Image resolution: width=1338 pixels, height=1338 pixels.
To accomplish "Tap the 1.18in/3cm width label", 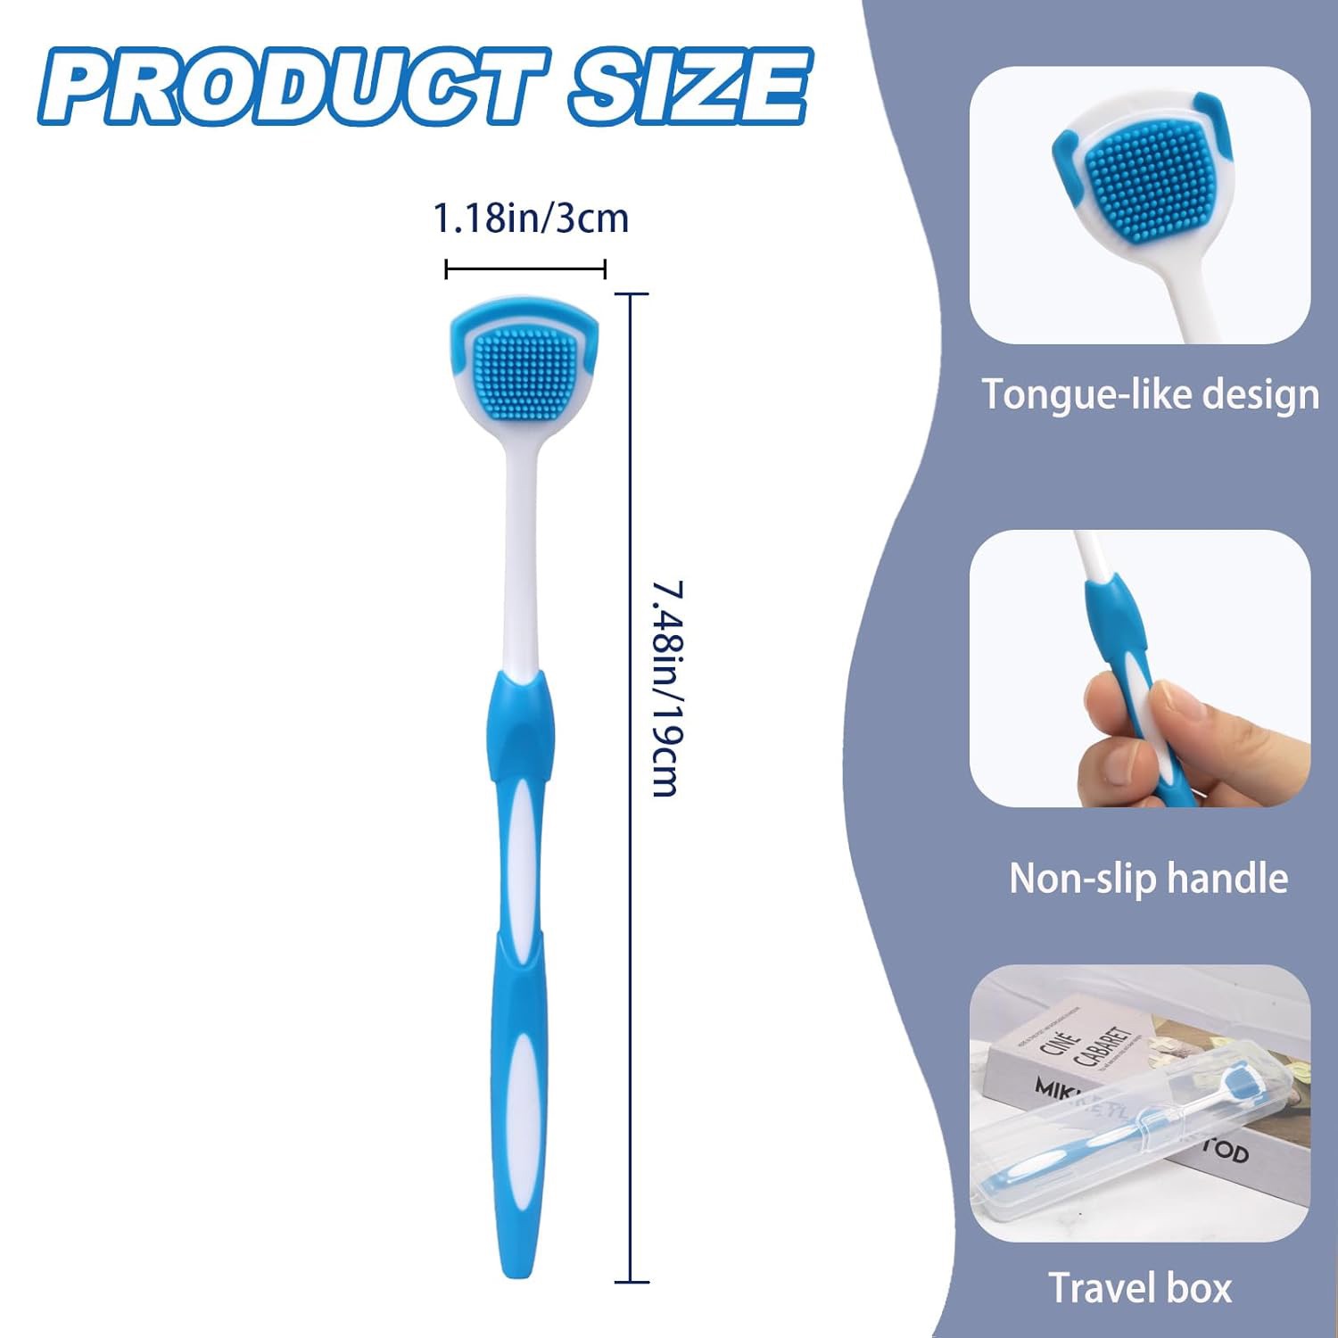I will tap(531, 219).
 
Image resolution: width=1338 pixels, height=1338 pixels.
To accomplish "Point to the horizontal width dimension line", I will tap(525, 268).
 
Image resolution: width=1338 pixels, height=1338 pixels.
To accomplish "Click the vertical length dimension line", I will tap(632, 785).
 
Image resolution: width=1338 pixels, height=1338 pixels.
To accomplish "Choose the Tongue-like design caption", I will tap(1150, 393).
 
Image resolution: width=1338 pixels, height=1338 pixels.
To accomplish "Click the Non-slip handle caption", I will tap(1148, 879).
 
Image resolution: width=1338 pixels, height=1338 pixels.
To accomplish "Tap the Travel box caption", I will tap(1139, 1288).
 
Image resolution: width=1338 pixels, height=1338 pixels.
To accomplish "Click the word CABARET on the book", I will tap(1106, 1044).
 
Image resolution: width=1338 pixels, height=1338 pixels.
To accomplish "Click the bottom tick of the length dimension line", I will tap(632, 1282).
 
